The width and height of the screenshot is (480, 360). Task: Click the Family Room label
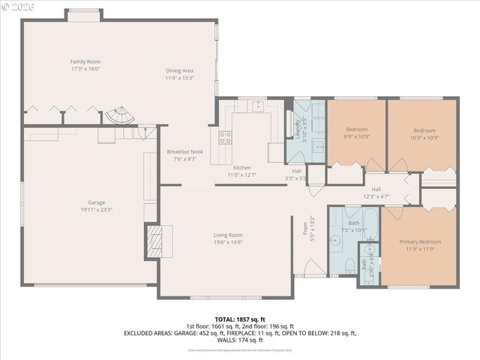click(x=85, y=61)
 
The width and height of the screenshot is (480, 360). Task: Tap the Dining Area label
click(x=180, y=70)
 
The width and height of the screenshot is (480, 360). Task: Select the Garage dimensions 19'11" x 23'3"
click(x=96, y=210)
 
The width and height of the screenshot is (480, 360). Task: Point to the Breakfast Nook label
click(x=184, y=151)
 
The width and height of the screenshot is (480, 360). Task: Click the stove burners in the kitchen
click(x=225, y=136)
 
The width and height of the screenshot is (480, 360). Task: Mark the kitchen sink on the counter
click(x=260, y=106)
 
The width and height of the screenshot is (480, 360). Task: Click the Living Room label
click(x=228, y=235)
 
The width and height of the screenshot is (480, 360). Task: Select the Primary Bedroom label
click(x=420, y=241)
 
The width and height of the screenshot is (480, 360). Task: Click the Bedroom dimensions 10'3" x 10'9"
click(x=424, y=137)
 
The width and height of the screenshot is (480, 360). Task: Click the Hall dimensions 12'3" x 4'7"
click(x=376, y=196)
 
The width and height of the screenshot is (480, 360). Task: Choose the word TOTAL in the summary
click(x=224, y=319)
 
